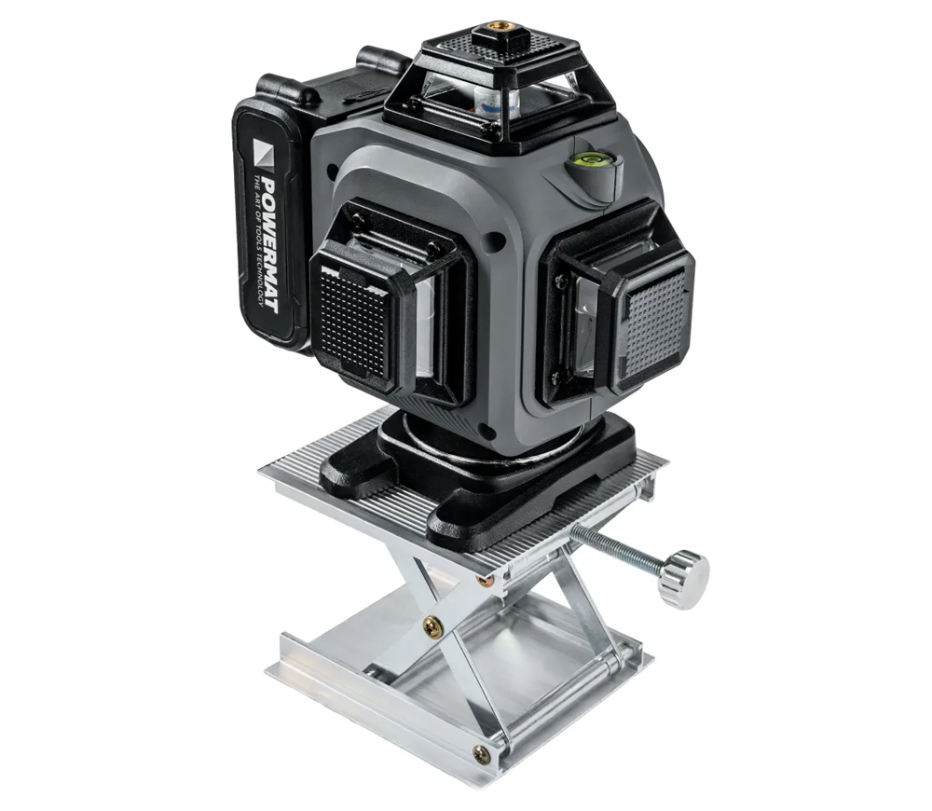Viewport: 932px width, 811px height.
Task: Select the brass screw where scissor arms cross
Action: coord(432,625)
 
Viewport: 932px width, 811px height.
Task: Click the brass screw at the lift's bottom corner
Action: coord(481,754)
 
